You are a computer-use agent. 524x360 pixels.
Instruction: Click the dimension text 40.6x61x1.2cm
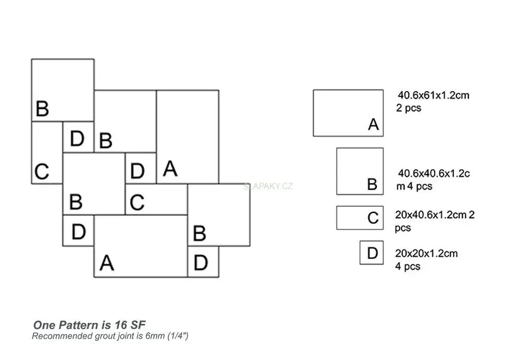(x=433, y=95)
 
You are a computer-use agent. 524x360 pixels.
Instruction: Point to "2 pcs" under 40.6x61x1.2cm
(x=408, y=108)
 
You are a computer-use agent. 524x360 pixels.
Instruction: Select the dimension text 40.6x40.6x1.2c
(x=434, y=173)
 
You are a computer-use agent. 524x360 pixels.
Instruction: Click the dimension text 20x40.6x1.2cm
(x=431, y=215)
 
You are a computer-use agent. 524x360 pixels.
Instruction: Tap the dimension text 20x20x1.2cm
(x=427, y=254)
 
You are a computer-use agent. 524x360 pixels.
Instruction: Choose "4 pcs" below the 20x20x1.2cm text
(x=407, y=266)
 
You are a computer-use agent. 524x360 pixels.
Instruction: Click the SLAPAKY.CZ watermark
(x=268, y=186)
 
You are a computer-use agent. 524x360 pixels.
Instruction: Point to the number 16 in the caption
(x=121, y=325)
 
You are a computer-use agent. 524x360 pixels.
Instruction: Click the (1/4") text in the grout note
(x=178, y=336)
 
